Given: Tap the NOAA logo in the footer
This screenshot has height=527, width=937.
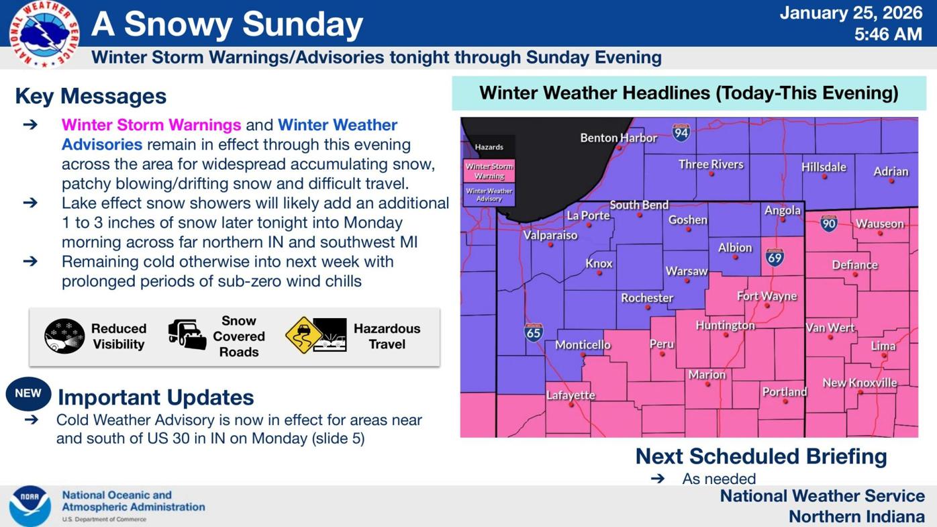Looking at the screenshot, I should click(30, 506).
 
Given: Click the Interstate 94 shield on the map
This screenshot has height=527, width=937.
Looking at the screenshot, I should click(681, 132).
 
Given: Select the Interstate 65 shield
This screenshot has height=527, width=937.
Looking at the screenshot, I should click(534, 332).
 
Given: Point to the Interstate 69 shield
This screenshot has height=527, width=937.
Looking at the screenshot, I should click(775, 257).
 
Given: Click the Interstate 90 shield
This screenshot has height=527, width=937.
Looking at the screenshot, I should click(829, 224).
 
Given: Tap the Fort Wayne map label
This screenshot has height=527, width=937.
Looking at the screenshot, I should click(767, 296).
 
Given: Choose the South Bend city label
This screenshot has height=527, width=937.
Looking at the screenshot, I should click(638, 205).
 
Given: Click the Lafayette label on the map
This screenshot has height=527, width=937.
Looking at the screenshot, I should click(571, 395).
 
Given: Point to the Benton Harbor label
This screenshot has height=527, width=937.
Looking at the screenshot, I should click(618, 138).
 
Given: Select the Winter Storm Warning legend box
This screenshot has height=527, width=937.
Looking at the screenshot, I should click(489, 171).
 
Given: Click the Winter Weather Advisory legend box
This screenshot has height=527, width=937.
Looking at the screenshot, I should click(489, 195).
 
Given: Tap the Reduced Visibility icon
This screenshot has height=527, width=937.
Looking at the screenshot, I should click(64, 336).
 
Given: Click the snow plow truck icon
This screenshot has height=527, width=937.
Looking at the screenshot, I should click(187, 334).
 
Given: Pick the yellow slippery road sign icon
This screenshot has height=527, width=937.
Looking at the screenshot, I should click(303, 334).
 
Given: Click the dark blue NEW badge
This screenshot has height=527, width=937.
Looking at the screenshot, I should click(28, 394).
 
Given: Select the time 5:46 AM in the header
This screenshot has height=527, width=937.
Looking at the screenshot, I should click(887, 34).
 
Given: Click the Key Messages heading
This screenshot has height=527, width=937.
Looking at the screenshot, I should click(91, 96).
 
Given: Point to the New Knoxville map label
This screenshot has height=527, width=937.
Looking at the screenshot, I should click(859, 383).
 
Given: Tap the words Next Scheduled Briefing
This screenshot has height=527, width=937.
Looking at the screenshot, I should click(760, 457).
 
